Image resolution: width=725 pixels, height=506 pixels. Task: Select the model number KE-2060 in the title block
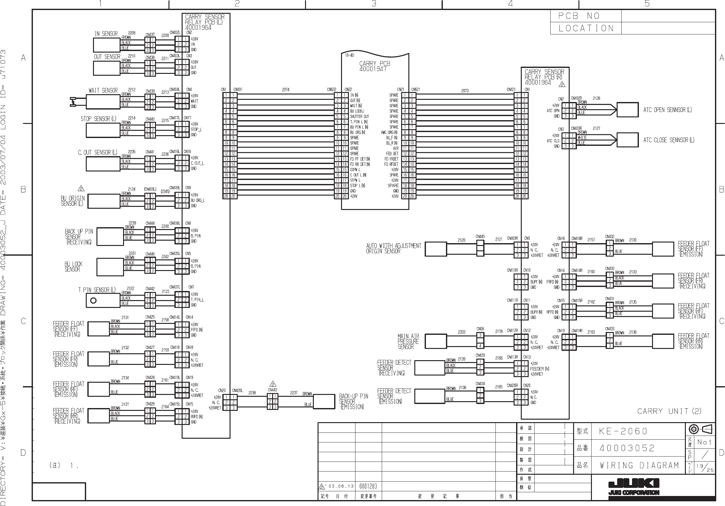click(x=623, y=431)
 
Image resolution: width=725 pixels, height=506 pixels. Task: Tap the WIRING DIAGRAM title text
click(x=639, y=465)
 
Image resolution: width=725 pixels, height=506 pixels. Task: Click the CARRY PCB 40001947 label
click(x=375, y=66)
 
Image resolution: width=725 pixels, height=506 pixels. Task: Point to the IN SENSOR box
click(x=107, y=45)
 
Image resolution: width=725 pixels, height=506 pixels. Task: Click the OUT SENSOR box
click(x=107, y=68)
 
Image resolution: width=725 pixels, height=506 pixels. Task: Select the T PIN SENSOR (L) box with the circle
click(x=103, y=300)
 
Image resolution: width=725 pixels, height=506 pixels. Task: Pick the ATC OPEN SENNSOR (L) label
click(x=667, y=110)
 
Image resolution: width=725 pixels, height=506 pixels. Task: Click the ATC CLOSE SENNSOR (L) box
click(x=627, y=140)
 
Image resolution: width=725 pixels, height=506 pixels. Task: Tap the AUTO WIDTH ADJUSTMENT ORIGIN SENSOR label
click(x=393, y=248)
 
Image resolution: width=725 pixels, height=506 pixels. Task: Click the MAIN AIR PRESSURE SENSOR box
click(x=435, y=342)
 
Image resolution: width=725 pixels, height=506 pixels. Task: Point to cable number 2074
click(x=285, y=90)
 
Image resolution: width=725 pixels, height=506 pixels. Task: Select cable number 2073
click(x=465, y=91)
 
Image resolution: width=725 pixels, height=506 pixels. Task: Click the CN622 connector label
click(x=331, y=89)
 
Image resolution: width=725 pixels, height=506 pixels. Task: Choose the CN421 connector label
click(x=511, y=89)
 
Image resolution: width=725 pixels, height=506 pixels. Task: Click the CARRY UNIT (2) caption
click(x=669, y=411)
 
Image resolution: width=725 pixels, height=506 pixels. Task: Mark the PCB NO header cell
click(x=585, y=16)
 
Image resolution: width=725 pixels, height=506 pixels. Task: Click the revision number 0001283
click(x=368, y=486)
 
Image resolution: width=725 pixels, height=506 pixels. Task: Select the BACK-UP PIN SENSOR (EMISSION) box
click(x=324, y=401)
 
